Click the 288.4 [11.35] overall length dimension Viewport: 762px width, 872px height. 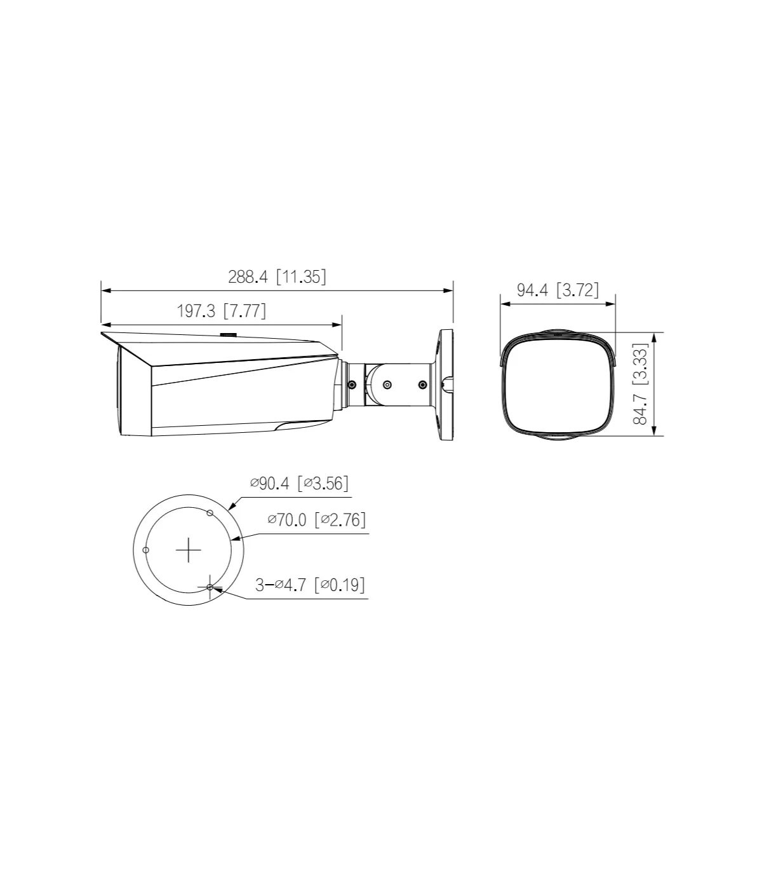277,277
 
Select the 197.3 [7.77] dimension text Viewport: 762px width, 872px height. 222,311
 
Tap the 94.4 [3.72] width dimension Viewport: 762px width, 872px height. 558,290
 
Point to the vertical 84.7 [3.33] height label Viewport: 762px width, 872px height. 640,384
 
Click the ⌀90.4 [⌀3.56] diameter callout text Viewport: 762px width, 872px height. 299,483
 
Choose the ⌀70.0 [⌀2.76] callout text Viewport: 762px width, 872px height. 317,519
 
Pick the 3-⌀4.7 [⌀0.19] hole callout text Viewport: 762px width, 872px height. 310,584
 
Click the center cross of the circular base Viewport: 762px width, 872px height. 188,550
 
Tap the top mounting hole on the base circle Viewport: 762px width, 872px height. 210,513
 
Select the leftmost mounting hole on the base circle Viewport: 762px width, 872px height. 145,550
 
